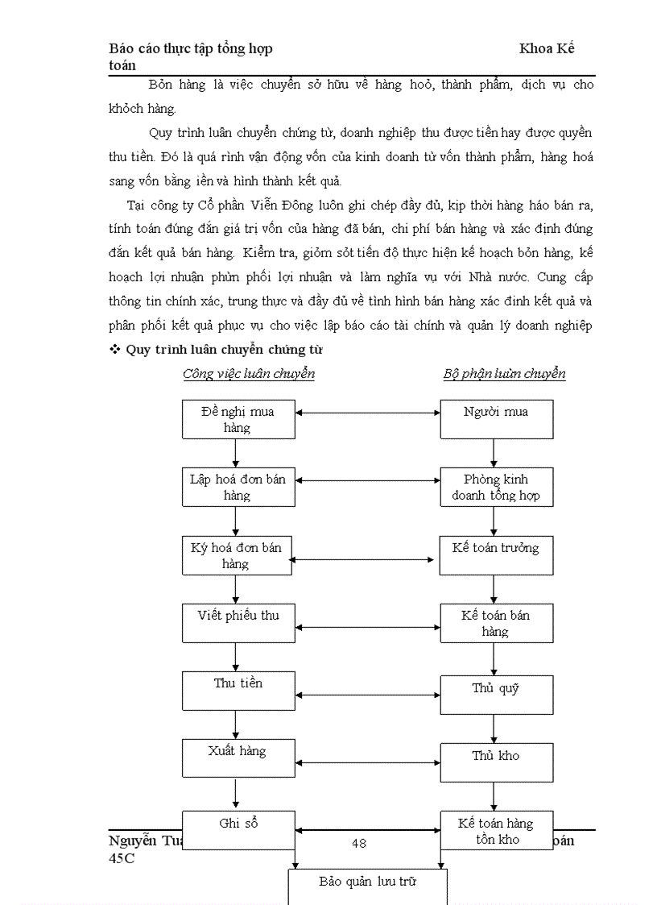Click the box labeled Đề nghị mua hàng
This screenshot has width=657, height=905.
click(237, 419)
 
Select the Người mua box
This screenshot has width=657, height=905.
click(496, 419)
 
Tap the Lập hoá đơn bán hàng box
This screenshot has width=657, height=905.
click(237, 487)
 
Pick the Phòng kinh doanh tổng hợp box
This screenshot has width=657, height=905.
click(496, 487)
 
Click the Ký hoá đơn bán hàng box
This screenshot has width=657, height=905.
click(237, 555)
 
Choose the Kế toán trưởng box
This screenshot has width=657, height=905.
click(496, 555)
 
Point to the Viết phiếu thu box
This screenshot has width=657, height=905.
click(237, 623)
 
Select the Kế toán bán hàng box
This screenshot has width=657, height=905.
click(496, 623)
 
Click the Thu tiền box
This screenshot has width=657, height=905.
click(237, 691)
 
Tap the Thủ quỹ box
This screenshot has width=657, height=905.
click(496, 695)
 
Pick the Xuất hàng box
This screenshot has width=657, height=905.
click(237, 758)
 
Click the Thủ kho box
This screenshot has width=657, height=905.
click(496, 762)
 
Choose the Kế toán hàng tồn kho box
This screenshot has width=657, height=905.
click(496, 830)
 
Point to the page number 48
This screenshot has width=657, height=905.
click(359, 843)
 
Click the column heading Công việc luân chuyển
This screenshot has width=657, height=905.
click(248, 374)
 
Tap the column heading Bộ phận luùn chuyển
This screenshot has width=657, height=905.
click(504, 374)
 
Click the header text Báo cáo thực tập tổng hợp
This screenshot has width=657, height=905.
click(191, 49)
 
